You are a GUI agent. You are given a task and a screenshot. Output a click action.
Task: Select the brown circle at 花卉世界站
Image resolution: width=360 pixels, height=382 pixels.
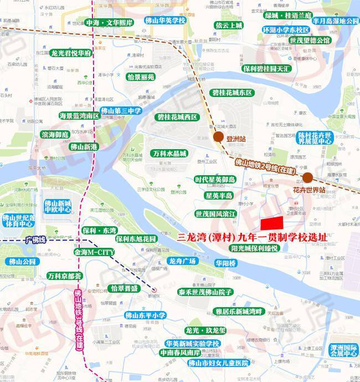click(x=307, y=178)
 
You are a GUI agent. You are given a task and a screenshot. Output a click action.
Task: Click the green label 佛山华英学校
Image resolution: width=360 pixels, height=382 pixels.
click(x=164, y=21)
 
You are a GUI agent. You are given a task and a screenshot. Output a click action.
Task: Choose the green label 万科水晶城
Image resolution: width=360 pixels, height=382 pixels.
click(x=169, y=153)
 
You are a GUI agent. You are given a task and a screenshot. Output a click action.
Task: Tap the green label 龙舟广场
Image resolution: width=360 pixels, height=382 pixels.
click(x=183, y=261)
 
